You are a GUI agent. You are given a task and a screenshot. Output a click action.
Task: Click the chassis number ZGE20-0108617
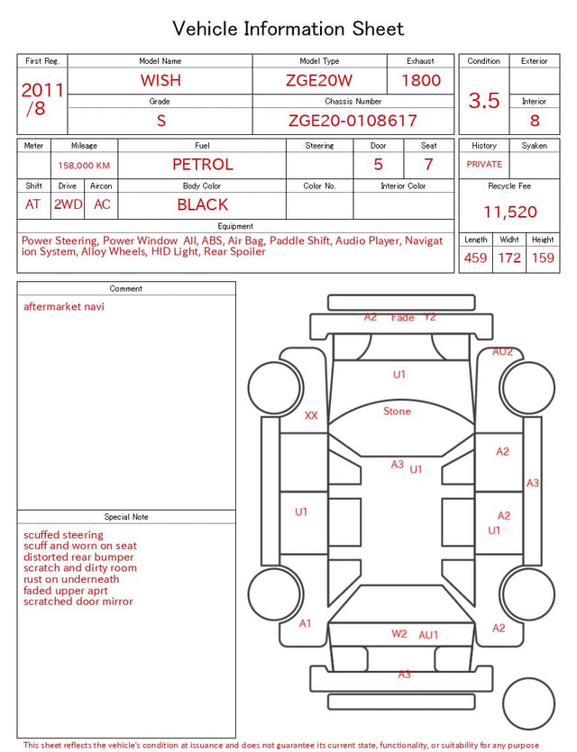click(353, 121)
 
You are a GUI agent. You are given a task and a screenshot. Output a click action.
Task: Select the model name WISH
click(160, 80)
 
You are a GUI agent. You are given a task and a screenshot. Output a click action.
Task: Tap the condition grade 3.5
click(484, 100)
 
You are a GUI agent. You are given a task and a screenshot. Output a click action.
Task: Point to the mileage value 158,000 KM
click(84, 166)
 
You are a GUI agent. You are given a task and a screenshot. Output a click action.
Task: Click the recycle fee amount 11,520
click(509, 212)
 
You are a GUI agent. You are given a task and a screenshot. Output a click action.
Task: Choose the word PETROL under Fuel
click(203, 165)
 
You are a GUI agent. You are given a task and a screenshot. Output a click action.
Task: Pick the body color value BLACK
click(203, 204)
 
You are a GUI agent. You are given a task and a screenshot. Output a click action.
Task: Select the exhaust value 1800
click(421, 80)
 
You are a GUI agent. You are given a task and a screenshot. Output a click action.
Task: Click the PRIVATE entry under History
click(484, 164)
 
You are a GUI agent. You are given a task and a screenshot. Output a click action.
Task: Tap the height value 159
click(543, 258)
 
